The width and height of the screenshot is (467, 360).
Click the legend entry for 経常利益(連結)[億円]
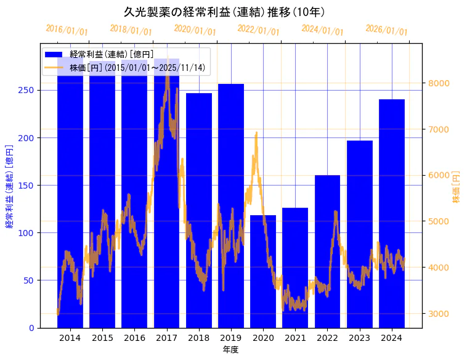(112, 55)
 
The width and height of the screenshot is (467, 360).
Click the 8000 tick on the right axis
(439, 83)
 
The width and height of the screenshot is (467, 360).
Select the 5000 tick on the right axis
(439, 221)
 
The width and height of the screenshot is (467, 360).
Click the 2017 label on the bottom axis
(166, 338)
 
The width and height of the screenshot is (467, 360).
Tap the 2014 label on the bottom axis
(70, 338)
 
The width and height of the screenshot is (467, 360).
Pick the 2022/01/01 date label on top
(258, 30)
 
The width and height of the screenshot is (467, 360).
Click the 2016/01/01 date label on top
(67, 30)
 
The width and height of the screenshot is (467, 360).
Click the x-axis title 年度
(230, 350)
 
